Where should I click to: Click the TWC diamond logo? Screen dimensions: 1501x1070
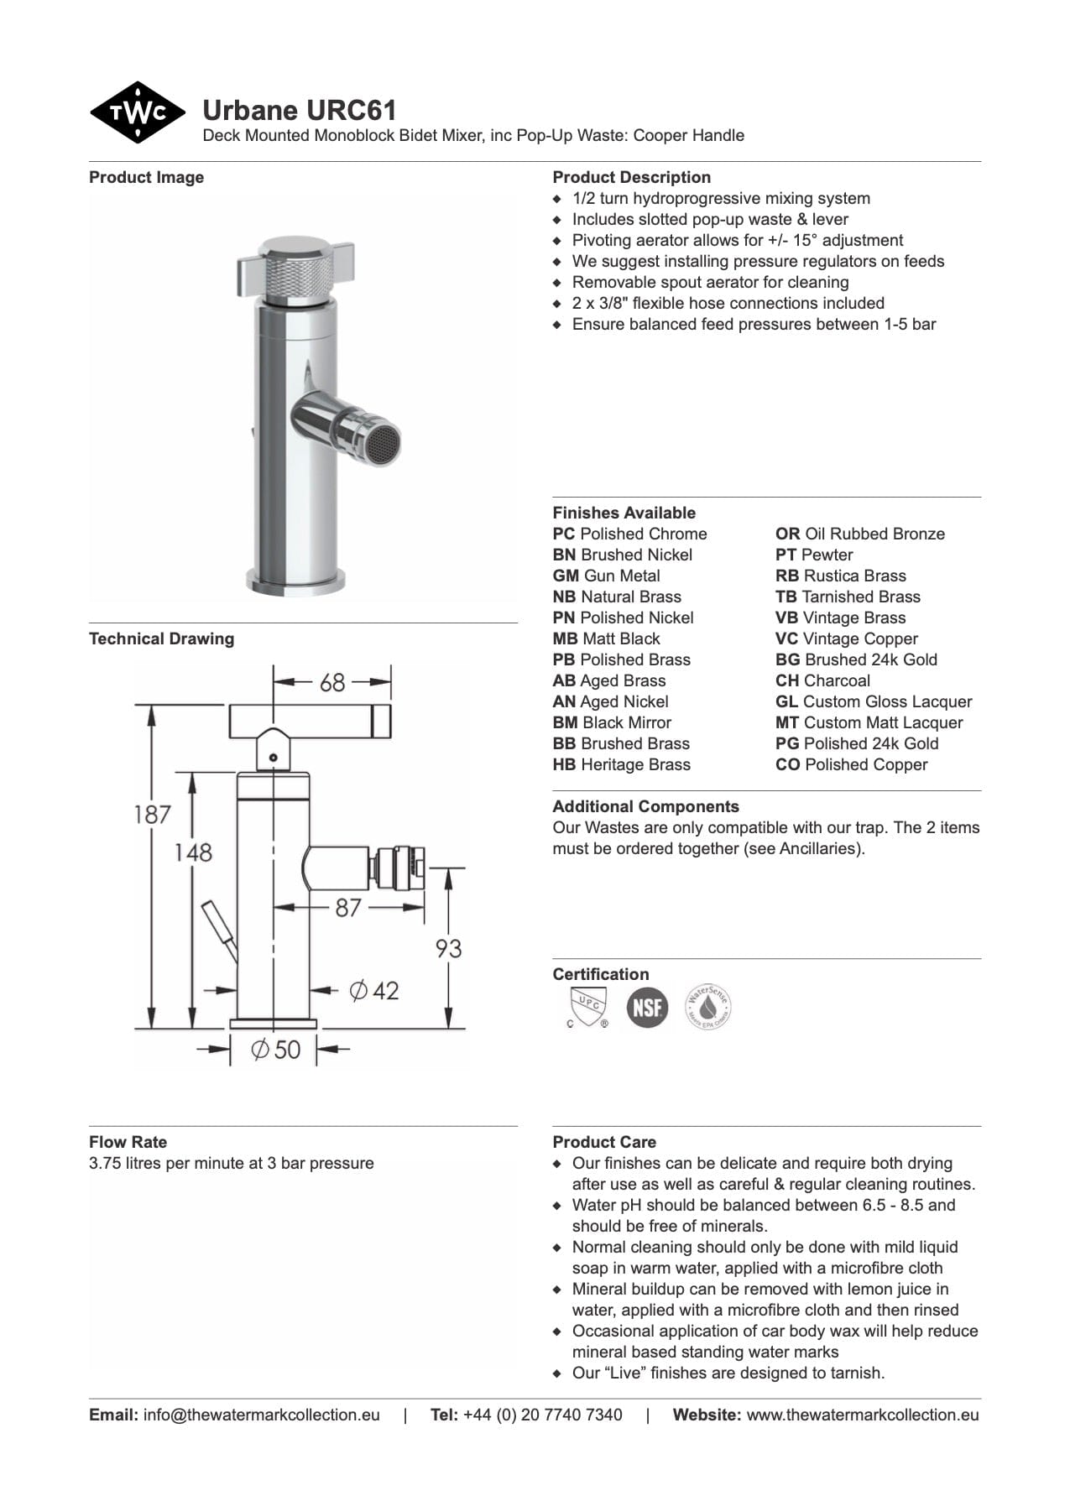(138, 112)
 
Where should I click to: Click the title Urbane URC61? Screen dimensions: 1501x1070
(299, 111)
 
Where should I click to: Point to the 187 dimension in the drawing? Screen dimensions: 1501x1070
(152, 814)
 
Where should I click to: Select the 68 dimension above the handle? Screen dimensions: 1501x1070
(332, 682)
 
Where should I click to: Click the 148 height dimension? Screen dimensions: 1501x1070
(193, 852)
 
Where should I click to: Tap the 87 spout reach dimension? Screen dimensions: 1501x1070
(347, 907)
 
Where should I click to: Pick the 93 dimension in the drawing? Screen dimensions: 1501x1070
(448, 948)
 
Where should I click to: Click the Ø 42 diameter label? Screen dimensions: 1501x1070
(374, 990)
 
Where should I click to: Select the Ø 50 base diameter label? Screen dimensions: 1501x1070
(276, 1049)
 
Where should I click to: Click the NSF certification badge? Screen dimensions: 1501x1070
(647, 1006)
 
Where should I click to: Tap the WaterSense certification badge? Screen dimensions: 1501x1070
(707, 1006)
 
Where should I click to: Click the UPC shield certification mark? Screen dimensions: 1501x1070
(587, 1007)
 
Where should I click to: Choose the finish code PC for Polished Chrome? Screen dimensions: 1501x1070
(564, 534)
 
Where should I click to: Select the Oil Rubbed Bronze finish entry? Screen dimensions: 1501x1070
(860, 534)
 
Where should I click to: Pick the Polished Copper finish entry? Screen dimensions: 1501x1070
(852, 764)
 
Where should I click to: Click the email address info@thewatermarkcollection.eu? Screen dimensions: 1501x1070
(261, 1415)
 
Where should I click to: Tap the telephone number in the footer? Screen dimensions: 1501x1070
(542, 1415)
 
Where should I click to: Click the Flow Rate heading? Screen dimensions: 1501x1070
(128, 1142)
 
